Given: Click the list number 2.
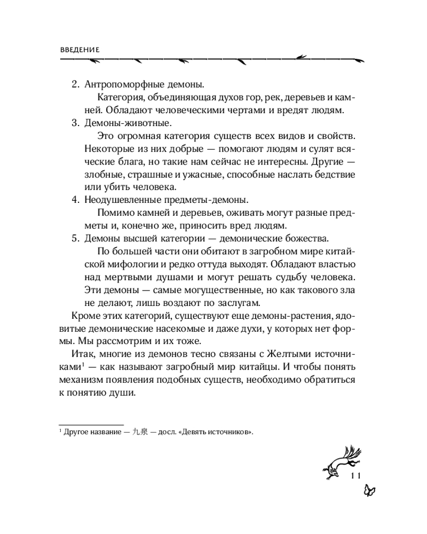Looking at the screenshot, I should [x=75, y=85].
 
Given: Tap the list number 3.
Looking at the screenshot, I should [x=75, y=123].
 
